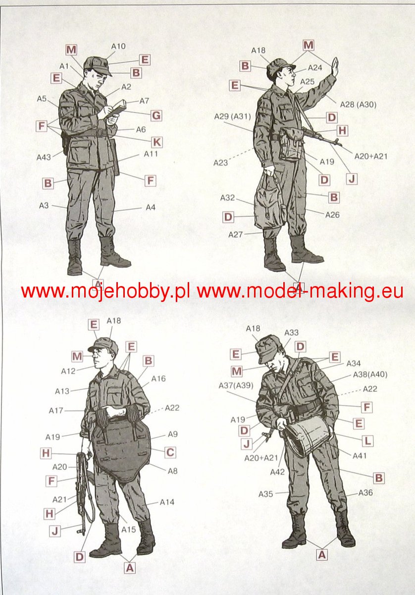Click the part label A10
(x=118, y=47)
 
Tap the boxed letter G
(x=156, y=116)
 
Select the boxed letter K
(x=157, y=142)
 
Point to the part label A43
(x=44, y=157)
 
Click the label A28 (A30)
(x=358, y=105)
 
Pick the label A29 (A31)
(x=232, y=117)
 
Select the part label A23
(x=221, y=163)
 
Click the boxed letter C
(x=170, y=452)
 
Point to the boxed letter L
(x=367, y=441)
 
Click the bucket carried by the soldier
(x=309, y=435)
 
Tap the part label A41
(x=360, y=456)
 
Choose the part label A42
(x=277, y=472)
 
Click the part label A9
(x=173, y=434)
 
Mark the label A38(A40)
(x=370, y=374)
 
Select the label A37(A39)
(x=236, y=385)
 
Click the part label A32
(x=228, y=198)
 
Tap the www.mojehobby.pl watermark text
(x=105, y=292)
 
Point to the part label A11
(x=151, y=154)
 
